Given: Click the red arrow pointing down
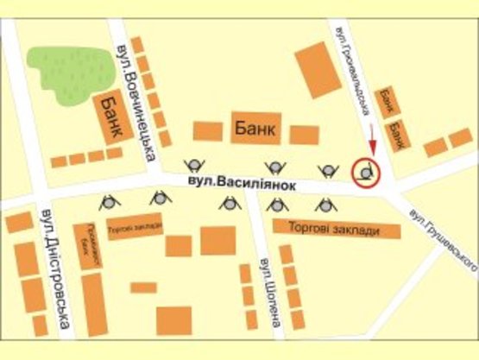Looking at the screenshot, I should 372,138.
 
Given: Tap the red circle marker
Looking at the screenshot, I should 366,173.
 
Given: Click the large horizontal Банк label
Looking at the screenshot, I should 255,129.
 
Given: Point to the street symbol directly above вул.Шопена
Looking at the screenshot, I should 276,205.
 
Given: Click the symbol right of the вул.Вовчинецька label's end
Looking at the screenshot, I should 194,166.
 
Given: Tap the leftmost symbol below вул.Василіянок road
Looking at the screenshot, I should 110,203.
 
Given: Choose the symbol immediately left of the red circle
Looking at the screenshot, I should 328,170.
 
